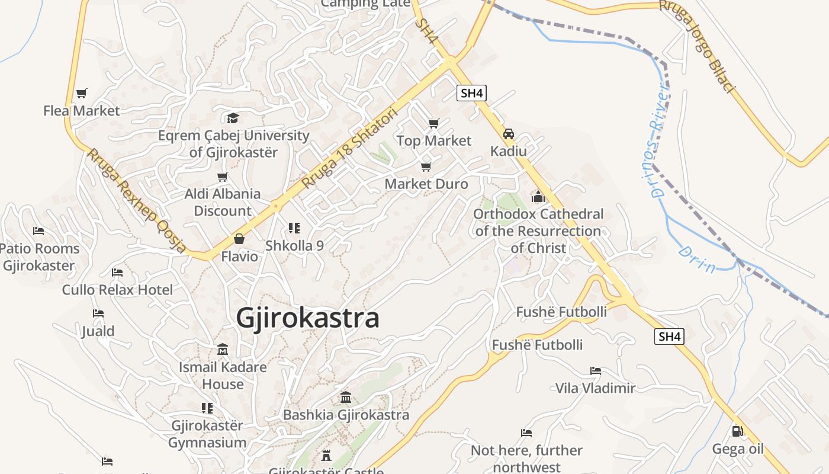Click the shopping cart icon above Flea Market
[81, 93]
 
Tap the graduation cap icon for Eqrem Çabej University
[233, 118]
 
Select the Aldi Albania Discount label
[223, 202]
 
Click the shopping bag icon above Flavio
[239, 239]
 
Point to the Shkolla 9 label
[294, 245]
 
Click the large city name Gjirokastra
[307, 318]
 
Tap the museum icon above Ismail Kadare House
[223, 349]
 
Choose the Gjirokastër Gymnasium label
[207, 434]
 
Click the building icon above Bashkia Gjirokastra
[346, 397]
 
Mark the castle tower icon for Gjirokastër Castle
[326, 456]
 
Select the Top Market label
[434, 140]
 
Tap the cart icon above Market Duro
[426, 166]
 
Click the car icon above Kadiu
[509, 134]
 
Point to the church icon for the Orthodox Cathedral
[538, 196]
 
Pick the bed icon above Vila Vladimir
[596, 371]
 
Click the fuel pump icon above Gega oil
[737, 431]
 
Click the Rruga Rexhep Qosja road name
[137, 201]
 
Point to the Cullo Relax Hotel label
[118, 290]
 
